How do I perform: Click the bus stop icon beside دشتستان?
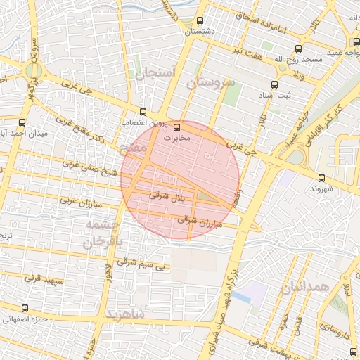click(200, 20)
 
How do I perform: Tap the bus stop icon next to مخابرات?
click(176, 127)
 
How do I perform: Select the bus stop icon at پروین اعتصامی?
click(143, 111)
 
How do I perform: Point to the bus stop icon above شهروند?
click(322, 178)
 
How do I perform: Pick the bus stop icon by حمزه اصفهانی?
click(25, 308)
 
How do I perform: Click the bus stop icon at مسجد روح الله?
click(299, 49)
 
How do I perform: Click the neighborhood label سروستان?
click(210, 83)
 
